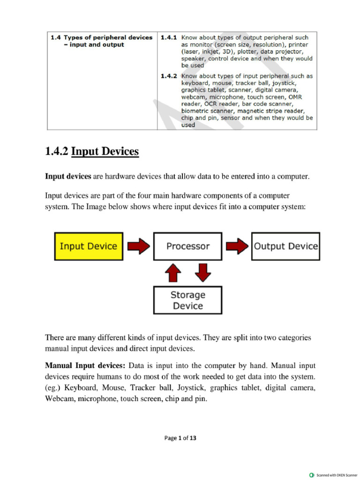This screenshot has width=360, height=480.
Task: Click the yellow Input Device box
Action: pyautogui.click(x=89, y=246)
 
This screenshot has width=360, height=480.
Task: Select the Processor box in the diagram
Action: pyautogui.click(x=187, y=246)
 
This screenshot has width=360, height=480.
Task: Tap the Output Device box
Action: pyautogui.click(x=285, y=246)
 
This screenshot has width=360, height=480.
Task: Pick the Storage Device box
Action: pyautogui.click(x=187, y=300)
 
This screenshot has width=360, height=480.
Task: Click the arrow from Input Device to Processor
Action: pyautogui.click(x=138, y=246)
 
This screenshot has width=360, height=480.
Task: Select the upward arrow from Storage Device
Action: pyautogui.click(x=173, y=273)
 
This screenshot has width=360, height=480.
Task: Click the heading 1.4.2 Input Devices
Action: pyautogui.click(x=92, y=151)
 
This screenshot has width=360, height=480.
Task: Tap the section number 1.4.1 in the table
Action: pyautogui.click(x=168, y=37)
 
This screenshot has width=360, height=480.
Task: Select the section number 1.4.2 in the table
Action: pyautogui.click(x=168, y=75)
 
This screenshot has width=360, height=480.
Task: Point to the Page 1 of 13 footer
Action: pyautogui.click(x=180, y=438)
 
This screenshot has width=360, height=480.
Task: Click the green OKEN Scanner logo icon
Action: pyautogui.click(x=312, y=475)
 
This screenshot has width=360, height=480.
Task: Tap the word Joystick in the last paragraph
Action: pyautogui.click(x=191, y=388)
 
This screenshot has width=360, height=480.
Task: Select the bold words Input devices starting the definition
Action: pyautogui.click(x=68, y=176)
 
